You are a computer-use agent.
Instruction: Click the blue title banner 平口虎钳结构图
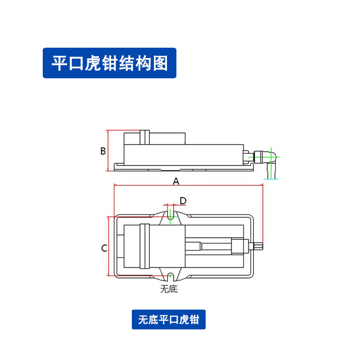109,63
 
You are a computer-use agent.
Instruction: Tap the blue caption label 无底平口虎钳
168,319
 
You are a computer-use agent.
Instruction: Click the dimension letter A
176,181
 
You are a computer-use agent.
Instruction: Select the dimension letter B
103,151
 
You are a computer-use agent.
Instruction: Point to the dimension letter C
104,248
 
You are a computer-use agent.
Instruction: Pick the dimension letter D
183,201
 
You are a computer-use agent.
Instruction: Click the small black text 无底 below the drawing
169,289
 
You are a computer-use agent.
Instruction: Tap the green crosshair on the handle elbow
271,157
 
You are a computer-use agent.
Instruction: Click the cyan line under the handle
271,179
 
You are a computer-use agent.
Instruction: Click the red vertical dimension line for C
108,246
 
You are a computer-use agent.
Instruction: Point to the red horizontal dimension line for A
189,185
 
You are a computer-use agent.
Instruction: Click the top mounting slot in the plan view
171,215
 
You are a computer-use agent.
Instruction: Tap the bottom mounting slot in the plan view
171,277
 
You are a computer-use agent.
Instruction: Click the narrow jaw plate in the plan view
144,246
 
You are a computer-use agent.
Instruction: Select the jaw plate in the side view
144,137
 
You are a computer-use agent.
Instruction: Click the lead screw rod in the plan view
216,247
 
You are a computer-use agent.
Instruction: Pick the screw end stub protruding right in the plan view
258,246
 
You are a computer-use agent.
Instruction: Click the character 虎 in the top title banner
93,63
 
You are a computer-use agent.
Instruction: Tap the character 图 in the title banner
160,63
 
